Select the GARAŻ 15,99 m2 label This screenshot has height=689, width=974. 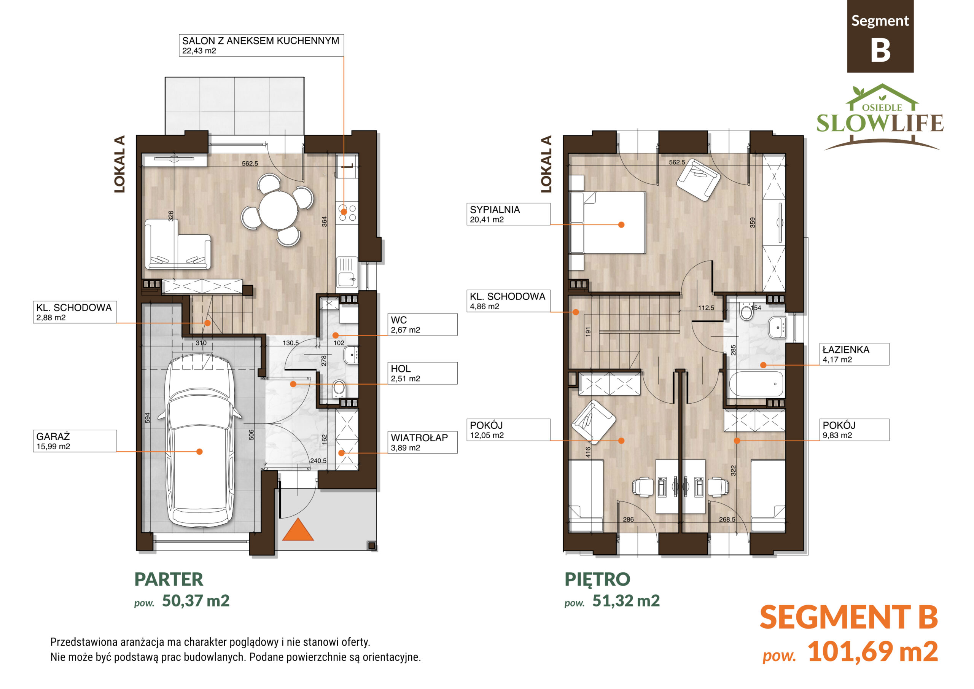point(75,441)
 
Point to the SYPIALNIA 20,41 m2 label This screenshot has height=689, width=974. point(508,214)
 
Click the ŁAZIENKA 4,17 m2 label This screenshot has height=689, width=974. point(855,354)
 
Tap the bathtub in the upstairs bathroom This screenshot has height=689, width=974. point(756,384)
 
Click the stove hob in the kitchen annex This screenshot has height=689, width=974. point(347,213)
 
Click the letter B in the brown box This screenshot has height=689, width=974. point(880,50)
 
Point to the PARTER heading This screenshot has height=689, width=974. point(169,579)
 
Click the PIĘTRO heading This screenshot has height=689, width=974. point(597,579)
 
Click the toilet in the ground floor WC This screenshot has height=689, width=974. point(339,388)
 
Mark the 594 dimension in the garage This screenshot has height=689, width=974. point(147,418)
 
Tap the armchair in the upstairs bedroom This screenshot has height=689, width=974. point(698,180)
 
